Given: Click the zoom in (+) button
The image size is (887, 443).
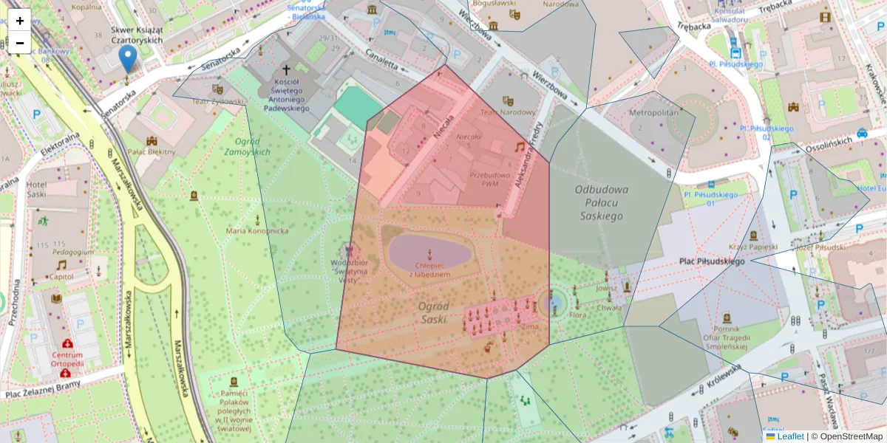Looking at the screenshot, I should tap(20, 21).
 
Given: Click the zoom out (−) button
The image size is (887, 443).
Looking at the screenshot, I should tap(20, 43).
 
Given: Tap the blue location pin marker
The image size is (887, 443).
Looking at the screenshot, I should tap(128, 58).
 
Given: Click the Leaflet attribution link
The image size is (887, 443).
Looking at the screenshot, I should tap(790, 436).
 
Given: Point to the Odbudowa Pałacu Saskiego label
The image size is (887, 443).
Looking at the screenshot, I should tap(601, 202).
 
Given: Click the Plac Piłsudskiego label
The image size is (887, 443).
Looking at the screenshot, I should tap(712, 261).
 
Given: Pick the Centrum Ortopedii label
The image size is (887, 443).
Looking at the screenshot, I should tap(67, 359).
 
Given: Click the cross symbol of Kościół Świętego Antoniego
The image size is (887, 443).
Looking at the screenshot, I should tap(285, 69).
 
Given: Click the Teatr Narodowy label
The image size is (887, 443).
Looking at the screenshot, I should tap(507, 112).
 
